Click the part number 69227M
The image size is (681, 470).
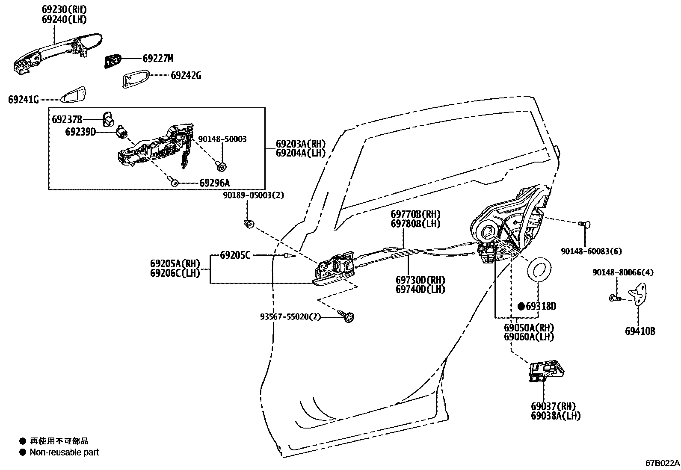pos(157,59)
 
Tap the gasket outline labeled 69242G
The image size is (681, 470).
pos(136,79)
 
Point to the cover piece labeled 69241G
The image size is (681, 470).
pos(74,95)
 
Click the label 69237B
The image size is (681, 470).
pos(67,119)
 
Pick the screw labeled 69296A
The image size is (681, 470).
pos(174,182)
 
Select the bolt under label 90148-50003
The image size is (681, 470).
pos(222,165)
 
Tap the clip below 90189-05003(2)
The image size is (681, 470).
pos(249,223)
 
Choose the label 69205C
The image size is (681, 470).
pos(235,255)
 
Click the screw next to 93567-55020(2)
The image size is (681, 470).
pos(348,316)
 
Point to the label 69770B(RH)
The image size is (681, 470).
pos(415,214)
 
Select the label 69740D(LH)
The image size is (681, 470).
pos(420,289)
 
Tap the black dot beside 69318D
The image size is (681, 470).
pos(521,306)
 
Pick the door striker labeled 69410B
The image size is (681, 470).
pos(639,295)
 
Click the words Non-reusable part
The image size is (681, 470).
pos(64,452)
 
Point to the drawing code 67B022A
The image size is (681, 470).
pos(662,463)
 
